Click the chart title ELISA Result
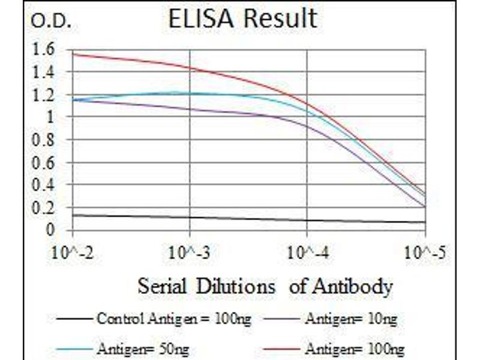pyautogui.click(x=242, y=19)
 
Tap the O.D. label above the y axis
pyautogui.click(x=50, y=22)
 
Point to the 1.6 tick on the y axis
pyautogui.click(x=46, y=49)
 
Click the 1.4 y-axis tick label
pyautogui.click(x=46, y=72)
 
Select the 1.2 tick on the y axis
pyautogui.click(x=46, y=95)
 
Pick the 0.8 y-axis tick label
pyautogui.click(x=46, y=140)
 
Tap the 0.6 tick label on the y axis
pyautogui.click(x=46, y=163)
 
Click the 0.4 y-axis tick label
pyautogui.click(x=46, y=185)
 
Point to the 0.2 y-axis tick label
pyautogui.click(x=46, y=208)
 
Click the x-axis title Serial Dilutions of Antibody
pyautogui.click(x=265, y=286)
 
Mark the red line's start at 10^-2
pyautogui.click(x=72, y=54)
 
